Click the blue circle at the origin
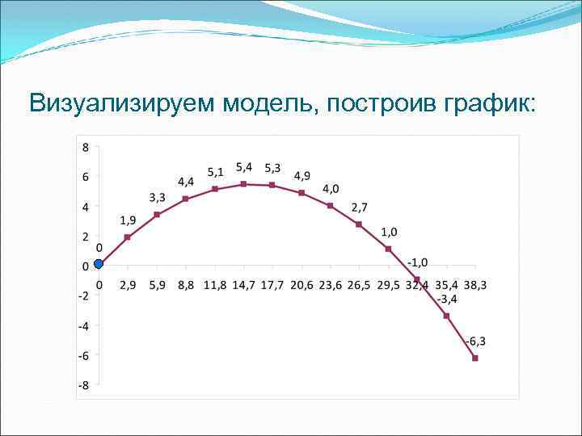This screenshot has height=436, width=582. coord(99,263)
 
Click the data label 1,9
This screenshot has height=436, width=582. coord(128,220)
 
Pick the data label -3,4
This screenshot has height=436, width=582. coord(447,300)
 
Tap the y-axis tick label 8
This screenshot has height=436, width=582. coord(84,146)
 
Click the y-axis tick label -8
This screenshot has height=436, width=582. coord(82,385)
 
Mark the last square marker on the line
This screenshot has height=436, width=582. coord(475,358)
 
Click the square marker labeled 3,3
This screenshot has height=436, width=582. coord(157,215)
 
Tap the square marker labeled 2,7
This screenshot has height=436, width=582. coord(359,224)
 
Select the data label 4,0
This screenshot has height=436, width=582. coord(331,189)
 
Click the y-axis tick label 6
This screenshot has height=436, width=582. coord(84,176)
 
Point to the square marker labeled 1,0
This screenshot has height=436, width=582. coord(388,249)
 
